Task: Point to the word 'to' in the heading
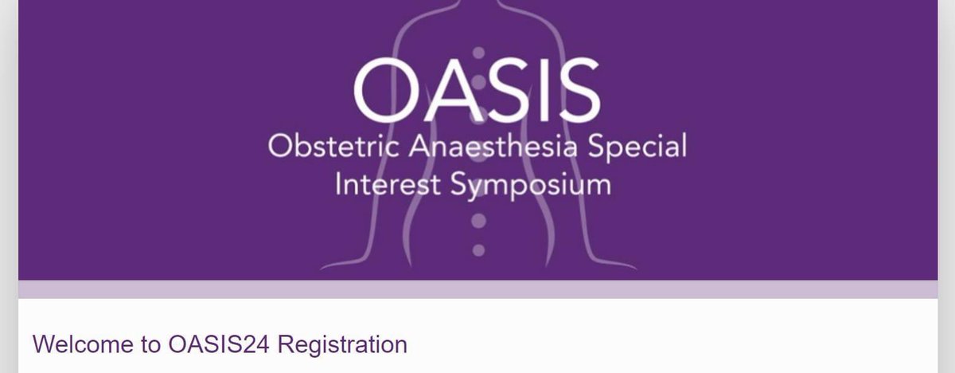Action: pyautogui.click(x=151, y=345)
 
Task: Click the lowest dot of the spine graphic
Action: pyautogui.click(x=477, y=250)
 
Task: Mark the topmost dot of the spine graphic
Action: pyautogui.click(x=477, y=53)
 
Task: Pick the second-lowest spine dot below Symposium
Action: pyautogui.click(x=477, y=220)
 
